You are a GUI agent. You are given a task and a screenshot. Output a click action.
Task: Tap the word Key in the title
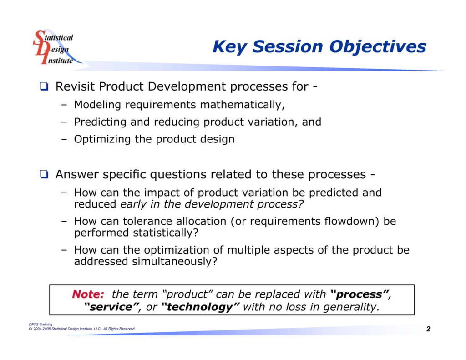point(230,47)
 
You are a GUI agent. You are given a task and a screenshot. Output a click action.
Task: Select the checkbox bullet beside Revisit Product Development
point(44,86)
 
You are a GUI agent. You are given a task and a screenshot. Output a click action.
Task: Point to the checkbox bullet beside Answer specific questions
point(44,174)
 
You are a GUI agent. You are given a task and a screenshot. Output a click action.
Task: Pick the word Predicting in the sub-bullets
point(100,122)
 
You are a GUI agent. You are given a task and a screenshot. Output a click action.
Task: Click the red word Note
point(88,294)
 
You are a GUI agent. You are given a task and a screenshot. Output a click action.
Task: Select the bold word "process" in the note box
point(360,294)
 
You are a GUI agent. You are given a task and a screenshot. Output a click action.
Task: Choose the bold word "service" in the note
point(112,307)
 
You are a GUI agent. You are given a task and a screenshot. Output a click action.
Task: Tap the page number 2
point(428,329)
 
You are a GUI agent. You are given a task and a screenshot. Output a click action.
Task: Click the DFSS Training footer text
point(41,325)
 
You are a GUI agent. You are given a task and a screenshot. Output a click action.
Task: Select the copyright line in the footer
point(82,329)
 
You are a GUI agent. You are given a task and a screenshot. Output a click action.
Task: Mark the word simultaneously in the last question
point(174,262)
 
